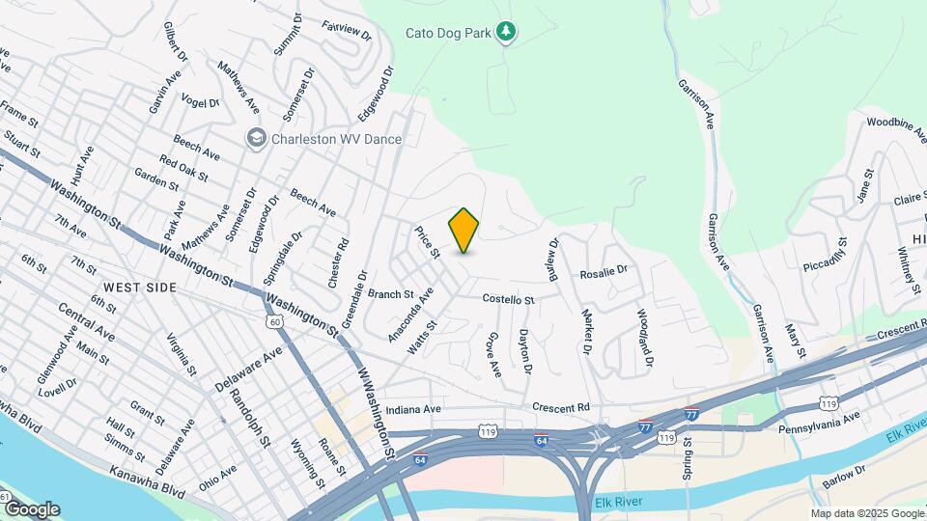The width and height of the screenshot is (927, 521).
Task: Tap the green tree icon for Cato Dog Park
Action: click(x=505, y=33)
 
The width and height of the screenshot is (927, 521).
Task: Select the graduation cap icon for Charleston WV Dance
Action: click(x=256, y=139)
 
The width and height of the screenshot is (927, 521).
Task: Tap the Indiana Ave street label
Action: click(x=413, y=409)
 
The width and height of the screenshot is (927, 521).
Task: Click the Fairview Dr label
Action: click(x=347, y=32)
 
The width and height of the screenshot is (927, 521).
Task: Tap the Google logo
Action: click(x=31, y=509)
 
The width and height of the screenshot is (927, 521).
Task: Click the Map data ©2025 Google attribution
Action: click(x=866, y=513)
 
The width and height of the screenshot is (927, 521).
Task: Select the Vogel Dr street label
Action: click(x=201, y=102)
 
